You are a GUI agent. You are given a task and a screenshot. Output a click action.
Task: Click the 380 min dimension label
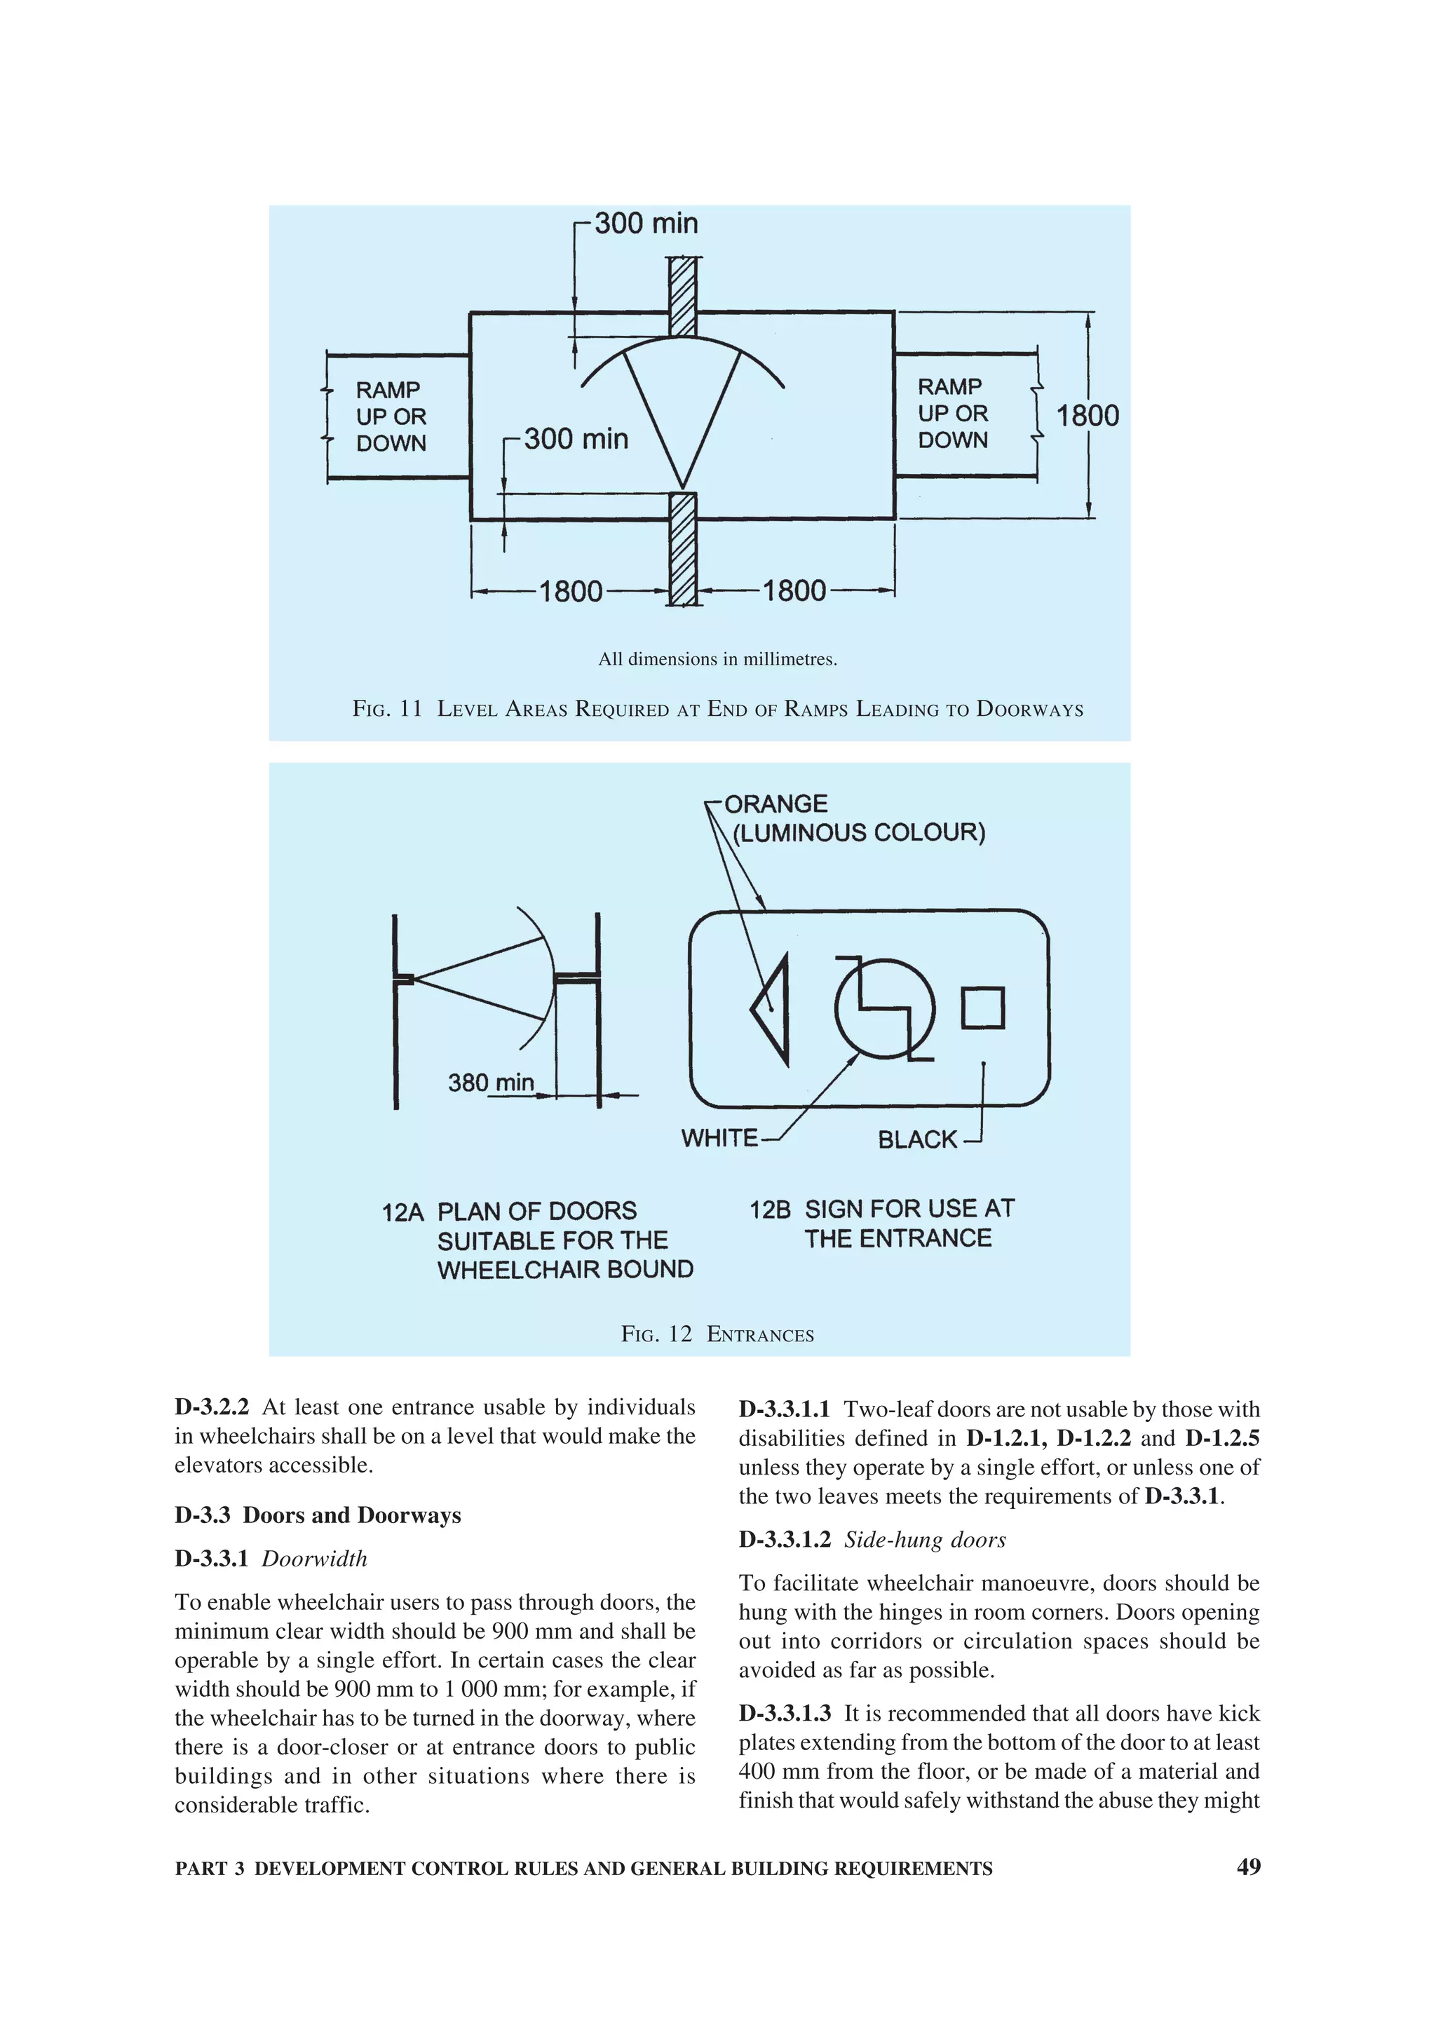(490, 1083)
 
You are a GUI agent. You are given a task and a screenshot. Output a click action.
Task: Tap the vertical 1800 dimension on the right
(1088, 416)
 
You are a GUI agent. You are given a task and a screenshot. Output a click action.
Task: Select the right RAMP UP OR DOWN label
(952, 413)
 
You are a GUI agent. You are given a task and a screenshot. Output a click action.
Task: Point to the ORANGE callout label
(776, 804)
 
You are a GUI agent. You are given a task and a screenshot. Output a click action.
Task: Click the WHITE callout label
(719, 1138)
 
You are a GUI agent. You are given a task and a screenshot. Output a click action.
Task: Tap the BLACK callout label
(918, 1140)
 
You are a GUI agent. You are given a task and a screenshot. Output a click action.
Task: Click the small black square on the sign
(982, 1008)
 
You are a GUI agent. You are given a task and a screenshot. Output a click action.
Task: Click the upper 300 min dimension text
(646, 224)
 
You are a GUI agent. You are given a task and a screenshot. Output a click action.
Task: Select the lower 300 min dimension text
(576, 439)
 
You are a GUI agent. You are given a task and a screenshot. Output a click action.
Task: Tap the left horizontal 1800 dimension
(571, 591)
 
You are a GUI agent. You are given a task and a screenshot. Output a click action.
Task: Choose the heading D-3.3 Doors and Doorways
(318, 1515)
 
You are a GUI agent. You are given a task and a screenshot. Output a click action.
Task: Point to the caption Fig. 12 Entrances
(717, 1334)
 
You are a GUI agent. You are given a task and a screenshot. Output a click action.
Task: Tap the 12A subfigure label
(402, 1212)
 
